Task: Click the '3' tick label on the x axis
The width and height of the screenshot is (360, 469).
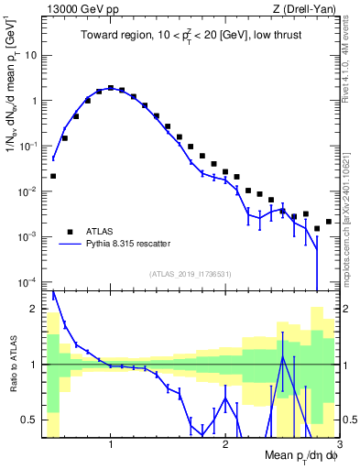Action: point(339,445)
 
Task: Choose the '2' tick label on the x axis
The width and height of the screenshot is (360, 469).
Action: point(225,445)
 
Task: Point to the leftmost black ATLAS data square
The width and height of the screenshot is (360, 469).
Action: point(53,176)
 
